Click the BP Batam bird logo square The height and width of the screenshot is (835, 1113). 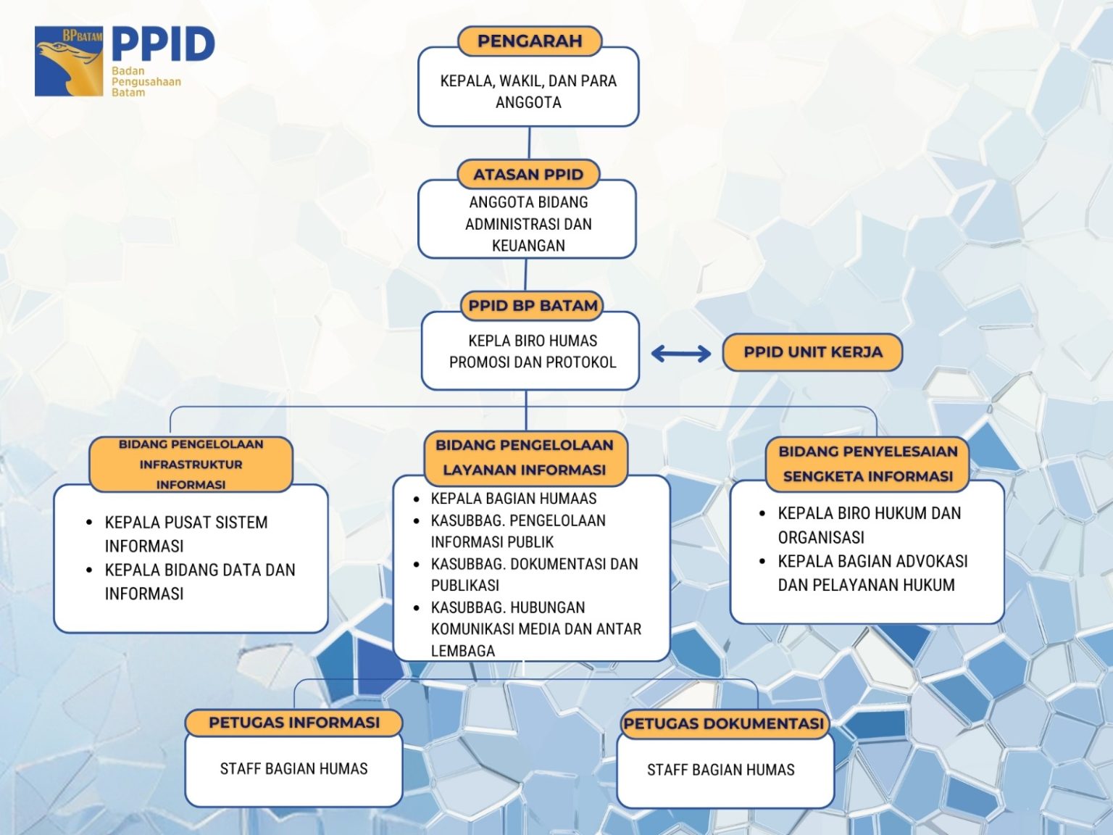(x=69, y=62)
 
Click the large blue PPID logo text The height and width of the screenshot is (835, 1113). (x=163, y=45)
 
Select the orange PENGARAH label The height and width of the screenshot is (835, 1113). (x=530, y=41)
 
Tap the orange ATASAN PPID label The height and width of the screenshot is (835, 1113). (x=528, y=175)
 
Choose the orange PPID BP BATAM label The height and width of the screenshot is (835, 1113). (x=533, y=306)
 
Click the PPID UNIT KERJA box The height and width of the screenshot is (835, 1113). (x=812, y=352)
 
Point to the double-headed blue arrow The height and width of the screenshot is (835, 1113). (x=681, y=354)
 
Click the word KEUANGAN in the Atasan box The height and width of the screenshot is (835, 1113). (x=528, y=246)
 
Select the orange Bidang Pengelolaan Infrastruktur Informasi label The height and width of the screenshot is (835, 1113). (x=191, y=465)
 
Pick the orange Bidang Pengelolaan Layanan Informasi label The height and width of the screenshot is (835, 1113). (x=525, y=458)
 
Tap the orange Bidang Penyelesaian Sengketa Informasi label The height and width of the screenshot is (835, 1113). (x=867, y=464)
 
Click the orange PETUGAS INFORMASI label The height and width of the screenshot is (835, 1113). (x=294, y=723)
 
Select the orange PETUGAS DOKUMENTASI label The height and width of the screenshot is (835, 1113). (x=724, y=723)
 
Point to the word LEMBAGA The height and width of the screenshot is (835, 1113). (x=463, y=651)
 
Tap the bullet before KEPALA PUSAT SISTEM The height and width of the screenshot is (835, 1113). (x=90, y=522)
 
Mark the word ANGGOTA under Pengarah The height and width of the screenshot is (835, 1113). (x=528, y=102)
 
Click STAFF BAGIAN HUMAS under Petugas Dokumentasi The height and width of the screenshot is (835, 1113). (x=720, y=770)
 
